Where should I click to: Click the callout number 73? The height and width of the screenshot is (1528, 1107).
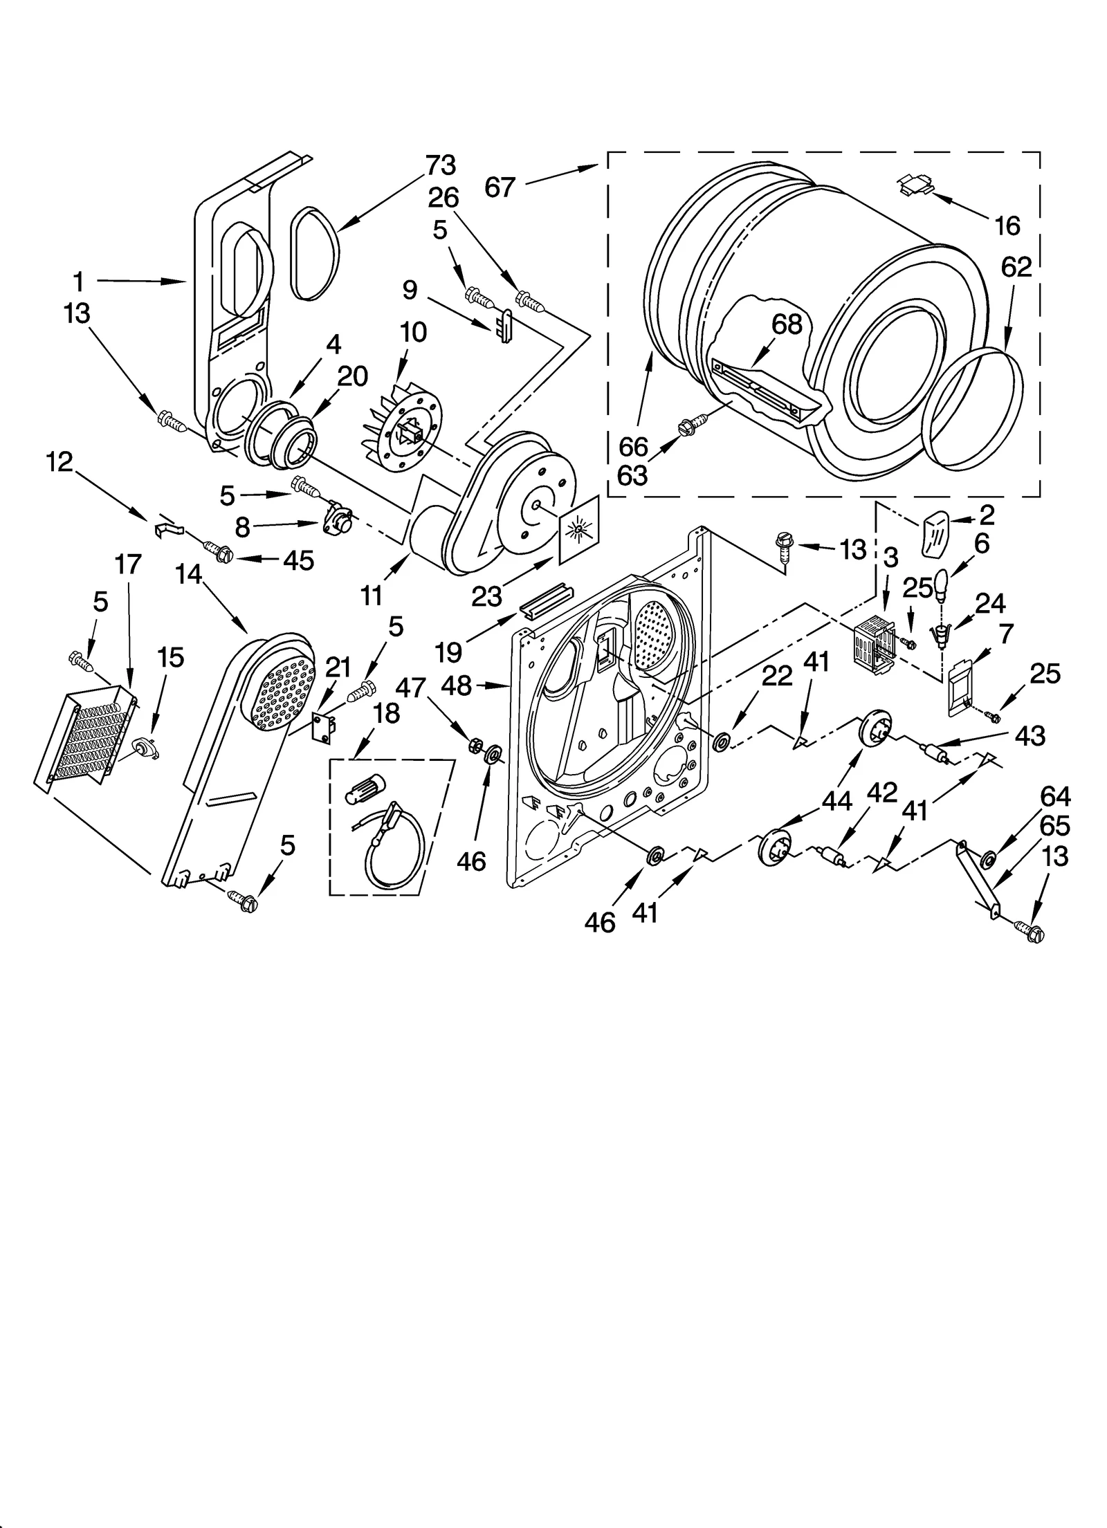[x=440, y=166]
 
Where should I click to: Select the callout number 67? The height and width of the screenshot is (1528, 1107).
[x=500, y=187]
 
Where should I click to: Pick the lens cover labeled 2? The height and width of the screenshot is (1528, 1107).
[x=937, y=531]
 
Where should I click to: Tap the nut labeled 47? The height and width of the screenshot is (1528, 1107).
[x=475, y=744]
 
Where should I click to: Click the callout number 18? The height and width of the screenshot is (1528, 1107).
[x=386, y=713]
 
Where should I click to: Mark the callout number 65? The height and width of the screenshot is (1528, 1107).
[x=1054, y=825]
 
